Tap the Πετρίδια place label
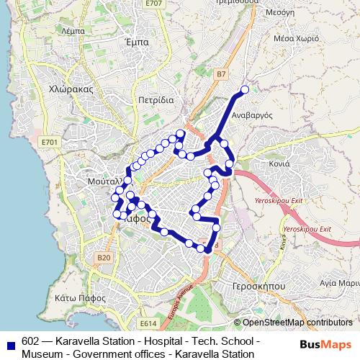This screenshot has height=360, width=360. click(x=156, y=100)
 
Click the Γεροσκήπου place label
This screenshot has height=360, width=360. click(x=254, y=285)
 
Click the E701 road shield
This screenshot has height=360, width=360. click(x=50, y=143)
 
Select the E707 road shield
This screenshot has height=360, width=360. click(x=153, y=4)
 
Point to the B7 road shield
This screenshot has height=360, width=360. click(x=221, y=73)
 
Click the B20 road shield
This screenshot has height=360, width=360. click(x=104, y=257)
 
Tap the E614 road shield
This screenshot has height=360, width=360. click(x=148, y=323)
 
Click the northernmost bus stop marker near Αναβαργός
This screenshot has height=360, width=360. click(x=244, y=90)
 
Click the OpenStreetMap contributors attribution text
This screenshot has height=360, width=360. click(x=297, y=323)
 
